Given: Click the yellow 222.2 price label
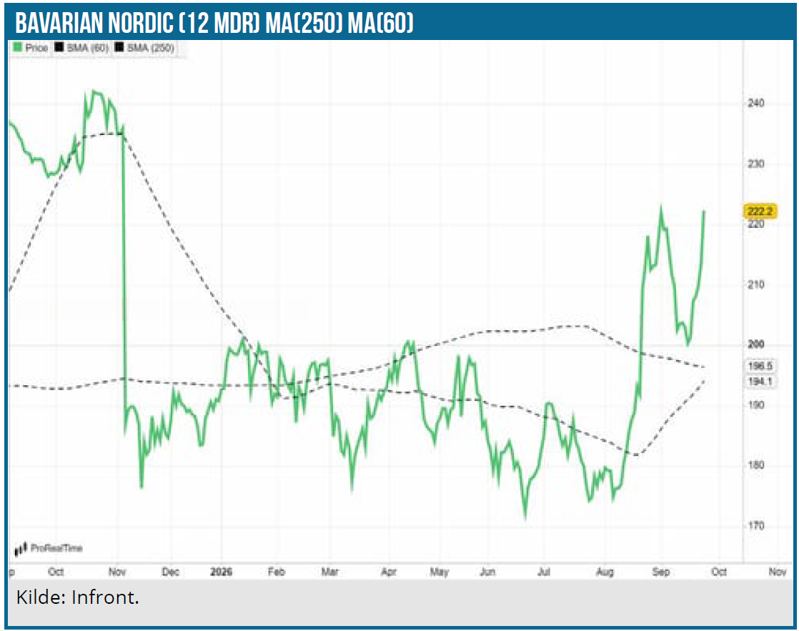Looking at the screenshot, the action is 760,211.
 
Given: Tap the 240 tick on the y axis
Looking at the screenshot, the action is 755,103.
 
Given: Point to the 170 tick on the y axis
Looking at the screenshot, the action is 755,525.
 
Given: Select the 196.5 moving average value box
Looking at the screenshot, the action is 760,366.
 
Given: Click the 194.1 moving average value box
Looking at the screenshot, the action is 760,382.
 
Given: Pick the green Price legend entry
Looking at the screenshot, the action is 31,48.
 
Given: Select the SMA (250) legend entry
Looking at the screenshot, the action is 144,48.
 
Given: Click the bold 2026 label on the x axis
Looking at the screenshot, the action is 221,572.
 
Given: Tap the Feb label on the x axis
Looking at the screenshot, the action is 277,572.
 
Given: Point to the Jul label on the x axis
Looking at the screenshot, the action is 544,572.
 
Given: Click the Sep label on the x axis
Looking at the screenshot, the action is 661,572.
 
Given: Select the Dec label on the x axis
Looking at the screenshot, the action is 170,572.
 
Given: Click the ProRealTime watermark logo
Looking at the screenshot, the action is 49,548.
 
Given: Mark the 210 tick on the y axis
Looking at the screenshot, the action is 755,284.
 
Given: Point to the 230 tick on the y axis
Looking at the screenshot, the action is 755,164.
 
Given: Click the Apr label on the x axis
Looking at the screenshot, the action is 389,572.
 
